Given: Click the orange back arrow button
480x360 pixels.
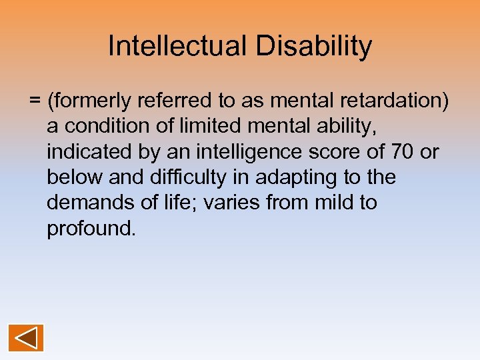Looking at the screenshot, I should click(26, 337).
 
